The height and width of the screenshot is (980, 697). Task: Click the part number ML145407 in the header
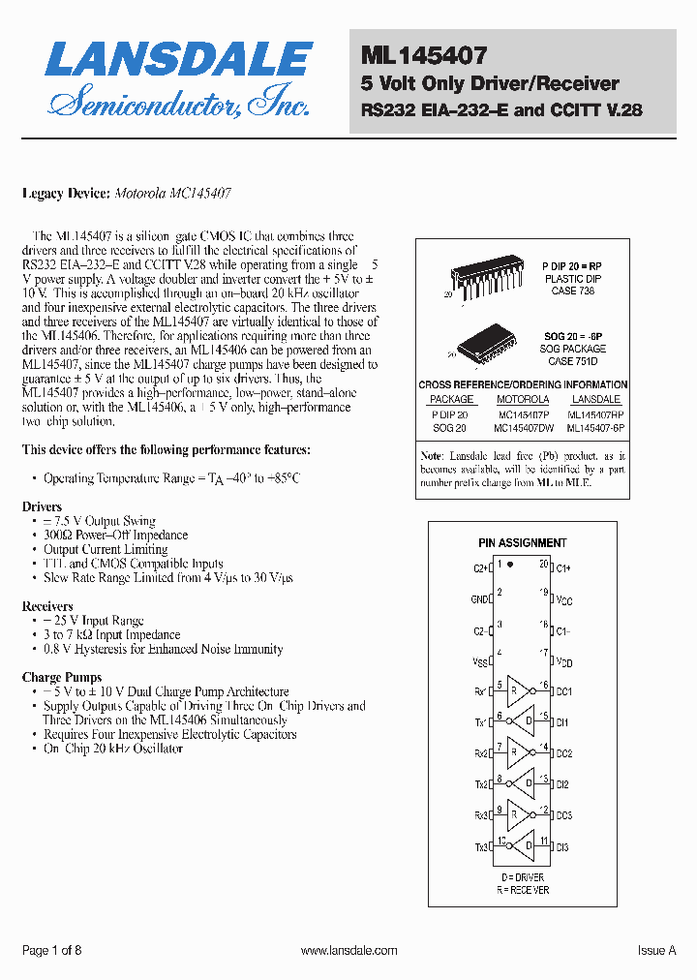(x=424, y=56)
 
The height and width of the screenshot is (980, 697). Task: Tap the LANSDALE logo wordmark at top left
(x=178, y=59)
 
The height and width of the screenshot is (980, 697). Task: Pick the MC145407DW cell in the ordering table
(x=523, y=426)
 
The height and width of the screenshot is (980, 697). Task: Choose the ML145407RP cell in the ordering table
(x=595, y=413)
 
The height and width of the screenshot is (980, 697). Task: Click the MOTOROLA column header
(x=523, y=399)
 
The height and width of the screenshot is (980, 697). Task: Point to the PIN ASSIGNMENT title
(x=523, y=543)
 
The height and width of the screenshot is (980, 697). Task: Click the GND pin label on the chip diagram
(x=480, y=599)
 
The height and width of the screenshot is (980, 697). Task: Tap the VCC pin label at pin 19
(x=564, y=600)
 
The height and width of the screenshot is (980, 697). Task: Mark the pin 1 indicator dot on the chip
(x=510, y=563)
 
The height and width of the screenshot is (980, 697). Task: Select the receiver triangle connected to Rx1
(x=517, y=691)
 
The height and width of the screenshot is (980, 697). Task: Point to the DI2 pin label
(x=562, y=784)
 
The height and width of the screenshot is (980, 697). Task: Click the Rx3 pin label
(x=480, y=815)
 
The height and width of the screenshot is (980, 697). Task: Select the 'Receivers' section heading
(x=47, y=606)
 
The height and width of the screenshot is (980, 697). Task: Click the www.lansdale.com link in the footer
(x=348, y=951)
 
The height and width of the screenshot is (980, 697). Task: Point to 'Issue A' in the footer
(x=656, y=951)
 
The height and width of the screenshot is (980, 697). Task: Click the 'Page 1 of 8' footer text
(x=51, y=951)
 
